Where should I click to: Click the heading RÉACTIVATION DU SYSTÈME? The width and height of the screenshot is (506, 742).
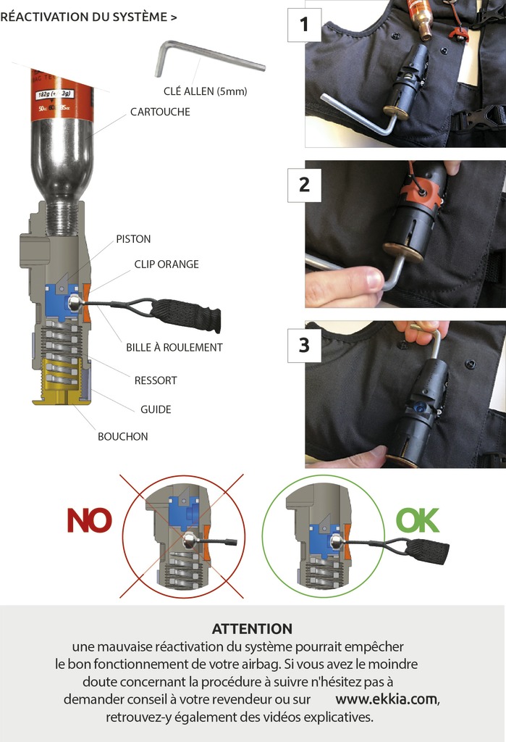click(88, 17)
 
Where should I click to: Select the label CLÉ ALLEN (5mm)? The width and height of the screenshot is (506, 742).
click(206, 91)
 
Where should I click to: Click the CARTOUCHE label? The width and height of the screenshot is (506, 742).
click(160, 112)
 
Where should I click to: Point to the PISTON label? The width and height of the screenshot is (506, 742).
click(133, 238)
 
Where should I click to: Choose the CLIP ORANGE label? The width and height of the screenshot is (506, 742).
click(166, 264)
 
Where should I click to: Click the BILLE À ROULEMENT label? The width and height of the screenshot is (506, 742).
click(174, 347)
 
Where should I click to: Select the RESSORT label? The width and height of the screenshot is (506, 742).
click(156, 380)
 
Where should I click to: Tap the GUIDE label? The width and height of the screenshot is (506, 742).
click(156, 409)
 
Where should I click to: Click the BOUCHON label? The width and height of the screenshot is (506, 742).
click(123, 436)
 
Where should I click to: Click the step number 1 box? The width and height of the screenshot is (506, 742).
click(304, 25)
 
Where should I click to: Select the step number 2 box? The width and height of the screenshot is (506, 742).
click(304, 185)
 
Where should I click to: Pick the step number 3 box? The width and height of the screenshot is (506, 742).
click(304, 345)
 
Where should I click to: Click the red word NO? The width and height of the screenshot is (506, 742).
click(89, 520)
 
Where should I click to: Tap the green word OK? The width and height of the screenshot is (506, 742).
click(418, 520)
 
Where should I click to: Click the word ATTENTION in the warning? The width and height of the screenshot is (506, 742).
click(252, 628)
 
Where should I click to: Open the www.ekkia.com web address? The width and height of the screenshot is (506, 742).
click(387, 699)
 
